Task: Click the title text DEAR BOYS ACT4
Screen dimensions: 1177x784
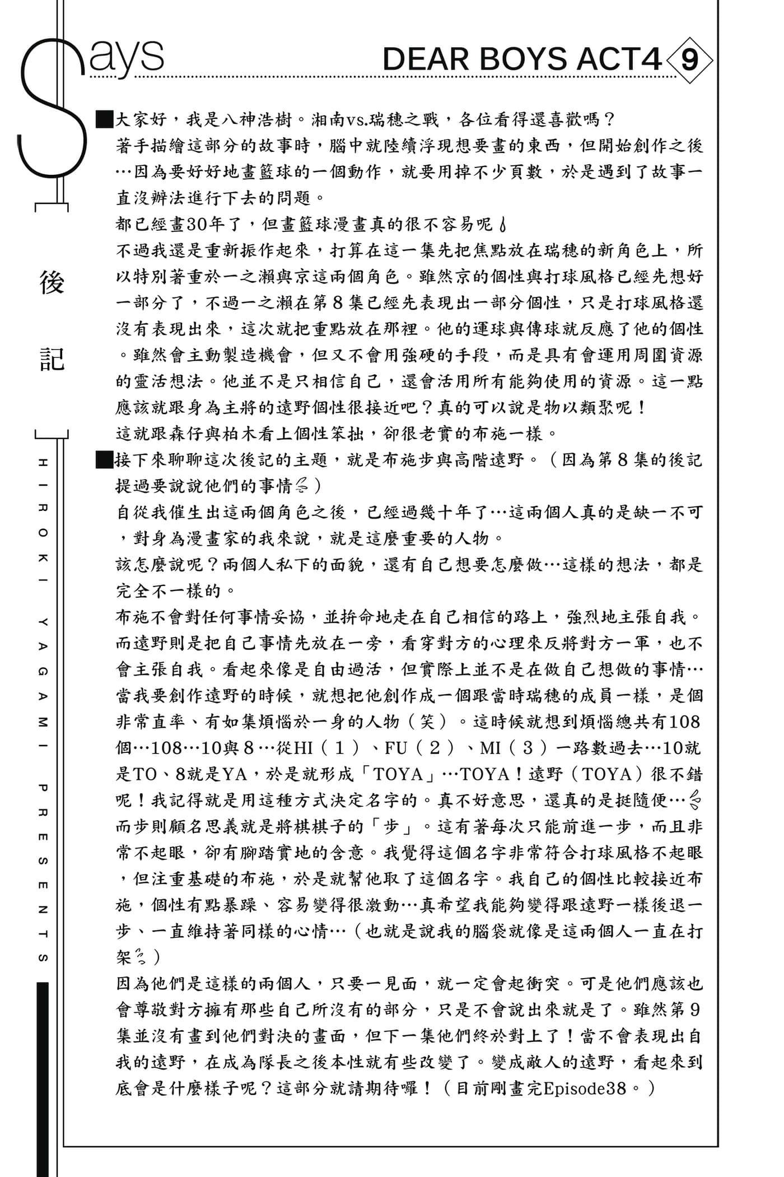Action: click(x=522, y=59)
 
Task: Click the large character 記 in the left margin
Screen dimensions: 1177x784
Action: click(x=52, y=359)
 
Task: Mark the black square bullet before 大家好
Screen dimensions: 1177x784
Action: click(x=105, y=119)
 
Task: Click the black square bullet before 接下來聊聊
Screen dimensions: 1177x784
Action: click(x=105, y=460)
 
